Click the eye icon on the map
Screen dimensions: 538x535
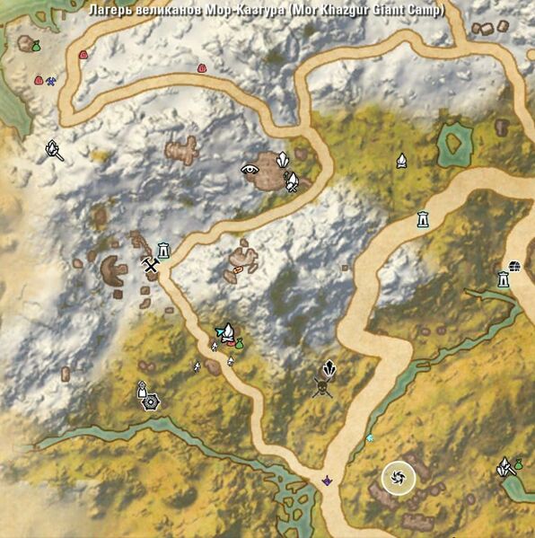coord(250,168)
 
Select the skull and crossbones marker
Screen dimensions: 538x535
coord(323,387)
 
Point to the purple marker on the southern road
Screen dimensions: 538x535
coord(328,481)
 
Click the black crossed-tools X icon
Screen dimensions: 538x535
coord(151,264)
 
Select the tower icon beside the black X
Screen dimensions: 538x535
coord(163,250)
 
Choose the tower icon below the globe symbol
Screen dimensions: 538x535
coord(504,279)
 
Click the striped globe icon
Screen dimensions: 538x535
coord(514,265)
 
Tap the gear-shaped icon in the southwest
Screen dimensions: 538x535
coord(150,401)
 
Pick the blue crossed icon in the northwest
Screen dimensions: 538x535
coord(51,81)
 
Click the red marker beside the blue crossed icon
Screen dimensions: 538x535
coord(39,80)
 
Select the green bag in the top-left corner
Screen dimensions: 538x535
coord(36,46)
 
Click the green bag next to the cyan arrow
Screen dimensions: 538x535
coord(240,343)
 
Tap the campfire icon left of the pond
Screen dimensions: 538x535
coord(401,161)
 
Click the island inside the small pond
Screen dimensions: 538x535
coord(455,141)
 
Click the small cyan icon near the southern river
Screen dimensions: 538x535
coord(369,437)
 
